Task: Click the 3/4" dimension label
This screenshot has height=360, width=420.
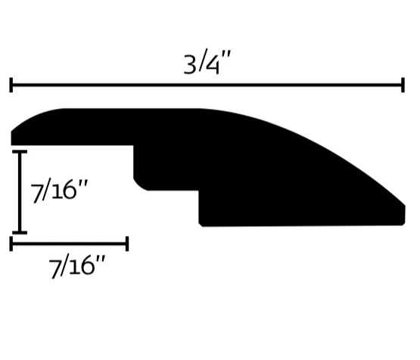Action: point(207,61)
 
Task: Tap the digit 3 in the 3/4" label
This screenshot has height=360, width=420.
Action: point(190,64)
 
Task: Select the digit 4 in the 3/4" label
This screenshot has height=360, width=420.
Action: point(213,64)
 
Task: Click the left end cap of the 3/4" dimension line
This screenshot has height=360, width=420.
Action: point(11,85)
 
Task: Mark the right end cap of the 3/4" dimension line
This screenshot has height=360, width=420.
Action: point(403,85)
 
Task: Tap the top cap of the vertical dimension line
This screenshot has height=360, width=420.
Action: point(20,152)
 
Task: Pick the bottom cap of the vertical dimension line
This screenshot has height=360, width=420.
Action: point(20,232)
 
